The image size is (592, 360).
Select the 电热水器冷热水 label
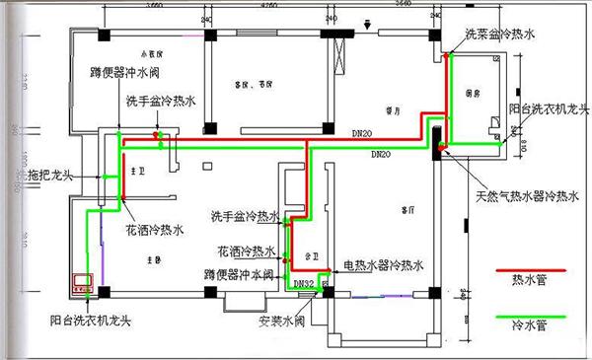coord(383,265)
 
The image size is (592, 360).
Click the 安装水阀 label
coord(279,320)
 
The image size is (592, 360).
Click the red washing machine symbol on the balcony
coord(79,283)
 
